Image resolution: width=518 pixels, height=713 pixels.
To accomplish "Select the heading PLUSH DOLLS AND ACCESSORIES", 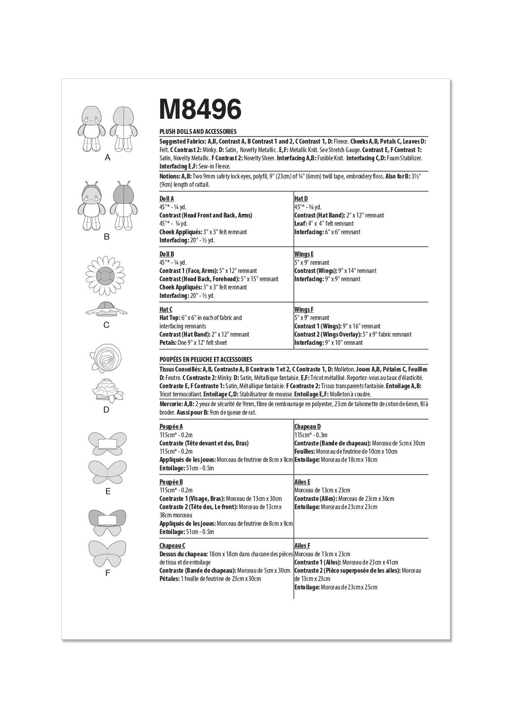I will (198, 131).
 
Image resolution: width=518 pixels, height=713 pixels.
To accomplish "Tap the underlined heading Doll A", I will (167, 199).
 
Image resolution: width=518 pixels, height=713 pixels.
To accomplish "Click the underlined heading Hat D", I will (301, 199).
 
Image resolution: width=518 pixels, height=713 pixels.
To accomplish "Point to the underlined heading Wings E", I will (304, 254).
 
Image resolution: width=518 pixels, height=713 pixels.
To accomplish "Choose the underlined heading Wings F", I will (304, 309).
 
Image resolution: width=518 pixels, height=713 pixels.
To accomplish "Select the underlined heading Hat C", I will (166, 309).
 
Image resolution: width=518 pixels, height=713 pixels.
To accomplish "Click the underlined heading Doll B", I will (167, 254).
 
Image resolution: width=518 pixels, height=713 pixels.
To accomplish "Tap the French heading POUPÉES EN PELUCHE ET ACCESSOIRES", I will (205, 359).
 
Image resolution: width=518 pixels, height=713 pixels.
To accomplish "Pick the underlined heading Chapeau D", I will (307, 427).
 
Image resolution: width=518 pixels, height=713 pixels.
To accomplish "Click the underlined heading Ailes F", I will (302, 546).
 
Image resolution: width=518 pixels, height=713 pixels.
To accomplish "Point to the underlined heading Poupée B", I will (171, 482).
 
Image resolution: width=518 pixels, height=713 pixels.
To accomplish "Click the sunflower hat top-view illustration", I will (106, 276).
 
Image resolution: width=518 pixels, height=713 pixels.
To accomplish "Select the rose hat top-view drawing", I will (106, 356).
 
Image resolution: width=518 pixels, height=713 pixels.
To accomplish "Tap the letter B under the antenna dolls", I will (107, 237).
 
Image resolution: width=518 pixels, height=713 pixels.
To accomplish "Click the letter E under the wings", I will (108, 491).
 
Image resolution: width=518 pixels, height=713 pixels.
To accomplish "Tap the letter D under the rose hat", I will (107, 410).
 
